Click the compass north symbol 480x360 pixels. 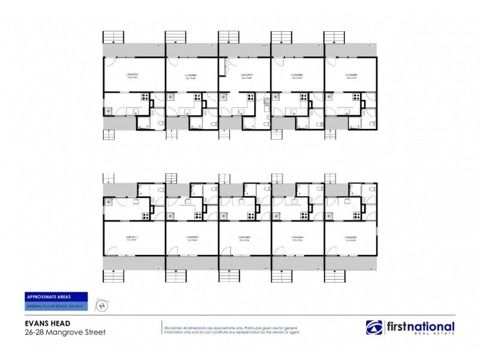tap(103, 305)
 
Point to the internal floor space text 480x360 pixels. tap(55, 306)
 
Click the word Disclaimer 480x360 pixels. tap(175, 325)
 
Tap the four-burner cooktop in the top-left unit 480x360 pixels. tap(145, 97)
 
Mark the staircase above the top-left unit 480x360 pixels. tap(113, 37)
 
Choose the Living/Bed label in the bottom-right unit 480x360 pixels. tap(351, 238)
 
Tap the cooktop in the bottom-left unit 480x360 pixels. tap(145, 215)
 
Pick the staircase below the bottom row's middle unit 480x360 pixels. tap(229, 276)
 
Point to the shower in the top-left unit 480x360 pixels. tap(144, 123)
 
